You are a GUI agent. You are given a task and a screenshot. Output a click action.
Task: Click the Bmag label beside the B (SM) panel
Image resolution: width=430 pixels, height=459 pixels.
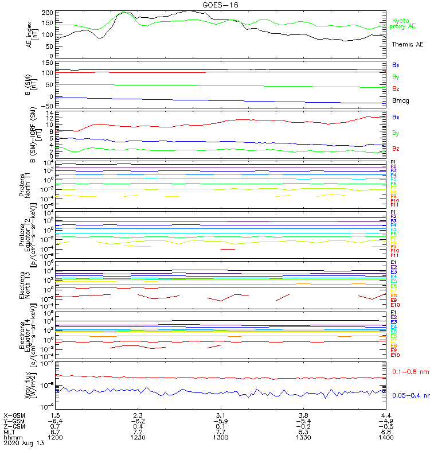(x=400, y=100)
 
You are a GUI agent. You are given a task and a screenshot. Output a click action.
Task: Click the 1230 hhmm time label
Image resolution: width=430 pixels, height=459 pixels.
(x=138, y=437)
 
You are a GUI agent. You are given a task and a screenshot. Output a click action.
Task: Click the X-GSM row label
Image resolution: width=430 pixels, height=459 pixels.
(x=14, y=415)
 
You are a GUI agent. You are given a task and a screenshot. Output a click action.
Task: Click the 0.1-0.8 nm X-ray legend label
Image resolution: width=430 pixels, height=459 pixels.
(x=410, y=372)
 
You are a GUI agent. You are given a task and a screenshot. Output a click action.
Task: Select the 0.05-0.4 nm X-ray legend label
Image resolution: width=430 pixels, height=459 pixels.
(x=411, y=395)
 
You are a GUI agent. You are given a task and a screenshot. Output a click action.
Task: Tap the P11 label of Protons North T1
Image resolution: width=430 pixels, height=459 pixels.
(x=394, y=205)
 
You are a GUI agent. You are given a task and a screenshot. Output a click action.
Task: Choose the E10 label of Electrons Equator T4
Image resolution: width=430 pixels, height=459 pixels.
(x=394, y=355)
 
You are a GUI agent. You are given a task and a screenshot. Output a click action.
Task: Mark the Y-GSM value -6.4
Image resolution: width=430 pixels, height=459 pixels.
(x=55, y=421)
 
